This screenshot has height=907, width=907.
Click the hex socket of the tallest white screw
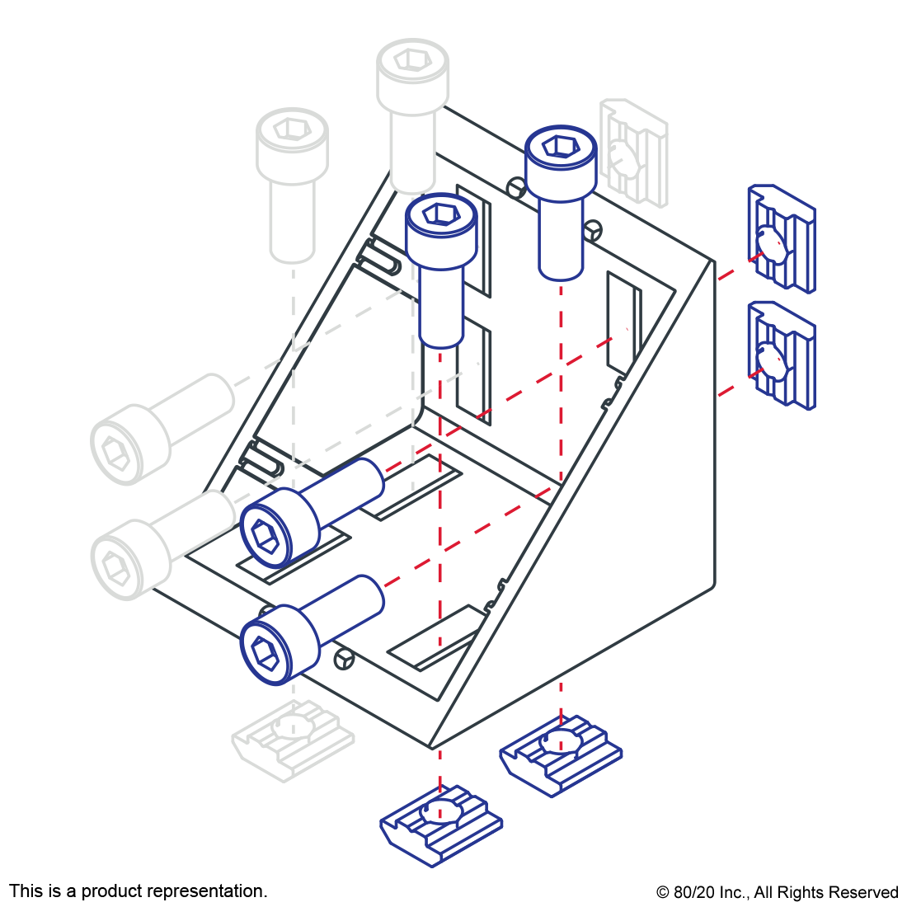click(410, 59)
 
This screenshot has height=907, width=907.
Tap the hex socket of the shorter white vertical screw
click(290, 129)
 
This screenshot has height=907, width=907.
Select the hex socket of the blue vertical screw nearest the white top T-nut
click(559, 147)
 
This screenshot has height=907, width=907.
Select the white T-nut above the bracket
click(633, 152)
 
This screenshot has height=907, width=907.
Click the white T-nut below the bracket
click(293, 740)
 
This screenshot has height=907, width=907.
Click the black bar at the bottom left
click(138, 892)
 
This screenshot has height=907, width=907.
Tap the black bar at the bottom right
click(777, 894)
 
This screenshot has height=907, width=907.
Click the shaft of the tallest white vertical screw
click(412, 148)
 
